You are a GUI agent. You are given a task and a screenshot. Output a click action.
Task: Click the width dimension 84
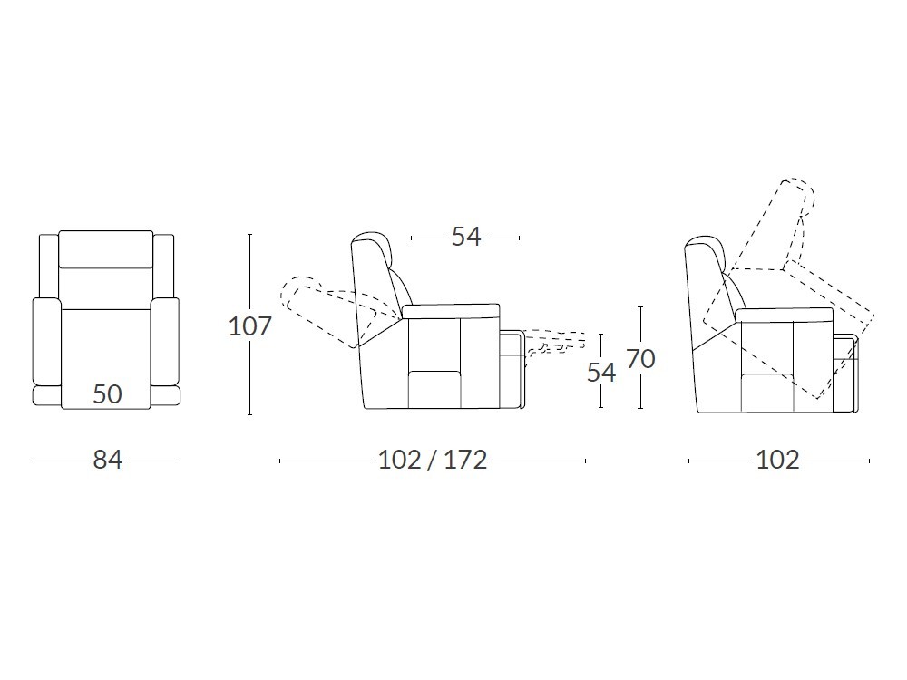(108, 461)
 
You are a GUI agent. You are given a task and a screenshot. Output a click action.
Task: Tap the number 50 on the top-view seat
(108, 394)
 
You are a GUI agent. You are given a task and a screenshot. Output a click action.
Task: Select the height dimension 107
(250, 326)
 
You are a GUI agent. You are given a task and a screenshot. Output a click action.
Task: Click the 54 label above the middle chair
(466, 237)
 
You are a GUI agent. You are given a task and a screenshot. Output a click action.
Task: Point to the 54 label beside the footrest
(601, 373)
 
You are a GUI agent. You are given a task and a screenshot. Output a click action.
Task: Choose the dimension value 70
(640, 359)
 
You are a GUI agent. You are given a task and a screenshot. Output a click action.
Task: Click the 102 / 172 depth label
(433, 461)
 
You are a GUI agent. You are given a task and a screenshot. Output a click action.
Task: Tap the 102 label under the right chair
(778, 461)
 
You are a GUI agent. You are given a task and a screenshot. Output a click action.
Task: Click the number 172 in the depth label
(465, 461)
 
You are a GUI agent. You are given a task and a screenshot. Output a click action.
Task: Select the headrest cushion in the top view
(106, 249)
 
